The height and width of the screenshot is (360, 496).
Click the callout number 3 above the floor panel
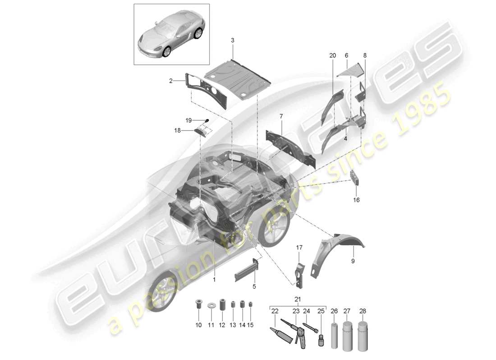point(233,40)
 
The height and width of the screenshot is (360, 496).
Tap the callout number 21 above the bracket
point(298,299)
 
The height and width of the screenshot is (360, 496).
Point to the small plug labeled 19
point(207,120)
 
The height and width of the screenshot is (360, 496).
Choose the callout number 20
point(333,55)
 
